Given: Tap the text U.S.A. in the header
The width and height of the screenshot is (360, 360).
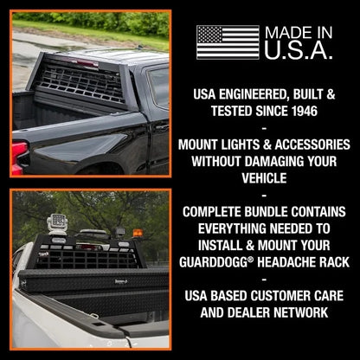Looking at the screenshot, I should [299, 51].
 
